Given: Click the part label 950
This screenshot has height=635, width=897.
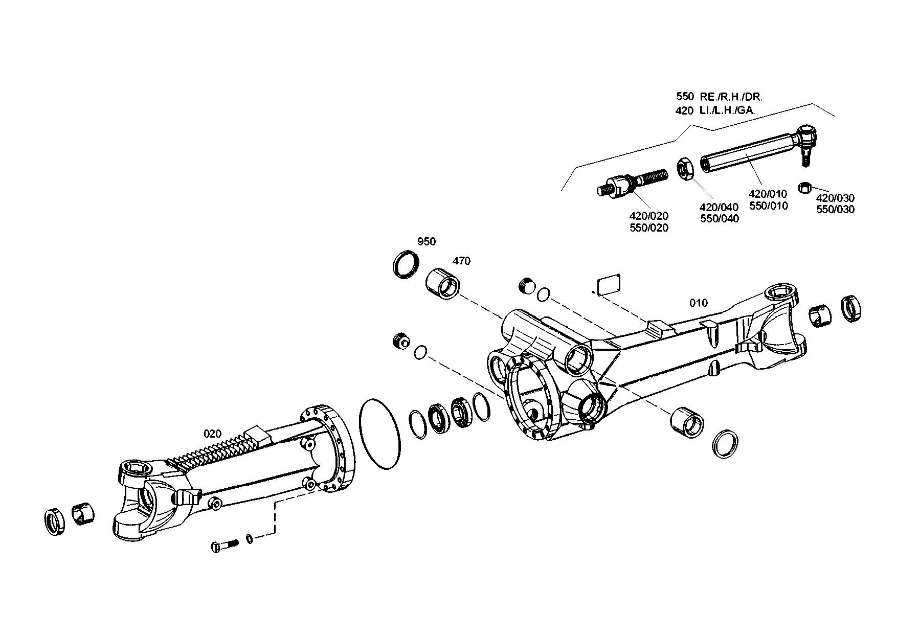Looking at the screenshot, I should click(x=427, y=242).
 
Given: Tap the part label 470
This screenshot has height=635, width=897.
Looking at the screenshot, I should click(x=461, y=261).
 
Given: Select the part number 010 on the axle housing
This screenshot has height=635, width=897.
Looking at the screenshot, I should click(x=699, y=303).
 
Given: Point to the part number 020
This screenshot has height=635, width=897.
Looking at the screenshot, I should click(x=213, y=434).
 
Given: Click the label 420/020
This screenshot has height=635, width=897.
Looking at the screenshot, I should click(x=649, y=216).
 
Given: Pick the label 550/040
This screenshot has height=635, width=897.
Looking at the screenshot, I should click(x=719, y=219).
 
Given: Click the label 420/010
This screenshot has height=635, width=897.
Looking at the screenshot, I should click(x=768, y=194).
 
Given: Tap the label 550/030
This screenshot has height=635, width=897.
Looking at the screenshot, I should click(x=835, y=210).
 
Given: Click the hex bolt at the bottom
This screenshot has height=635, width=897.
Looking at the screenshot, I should click(x=225, y=545).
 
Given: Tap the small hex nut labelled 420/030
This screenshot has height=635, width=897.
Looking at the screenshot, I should click(x=804, y=188).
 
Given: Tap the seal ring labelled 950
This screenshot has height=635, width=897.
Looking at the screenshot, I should click(x=407, y=265).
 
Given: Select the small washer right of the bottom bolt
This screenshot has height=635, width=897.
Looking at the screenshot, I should click(x=249, y=538).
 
